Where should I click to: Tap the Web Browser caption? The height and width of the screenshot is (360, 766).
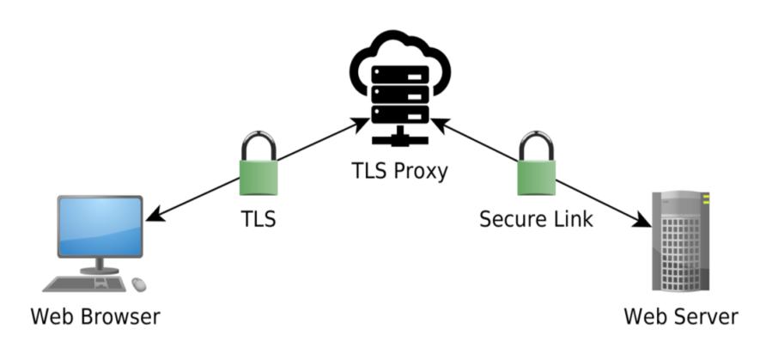coord(96,316)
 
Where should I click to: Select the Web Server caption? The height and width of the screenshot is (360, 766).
coord(681,316)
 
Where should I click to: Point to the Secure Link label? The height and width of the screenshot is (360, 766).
coord(537,218)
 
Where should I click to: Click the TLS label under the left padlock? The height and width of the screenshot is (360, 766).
coord(259,218)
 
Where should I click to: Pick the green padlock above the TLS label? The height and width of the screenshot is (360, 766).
coord(258,164)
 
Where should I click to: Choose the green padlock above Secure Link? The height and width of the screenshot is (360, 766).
coord(537,164)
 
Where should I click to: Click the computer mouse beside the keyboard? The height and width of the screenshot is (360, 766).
coord(139,284)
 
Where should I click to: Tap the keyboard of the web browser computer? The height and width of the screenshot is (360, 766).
coord(84,284)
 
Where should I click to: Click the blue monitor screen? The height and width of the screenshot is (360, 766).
coord(100,226)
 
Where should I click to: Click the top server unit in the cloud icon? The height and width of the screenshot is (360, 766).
coord(399,75)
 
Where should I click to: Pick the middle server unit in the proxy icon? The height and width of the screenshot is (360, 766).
coord(399,95)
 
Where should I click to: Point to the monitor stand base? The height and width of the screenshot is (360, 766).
coord(100,271)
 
